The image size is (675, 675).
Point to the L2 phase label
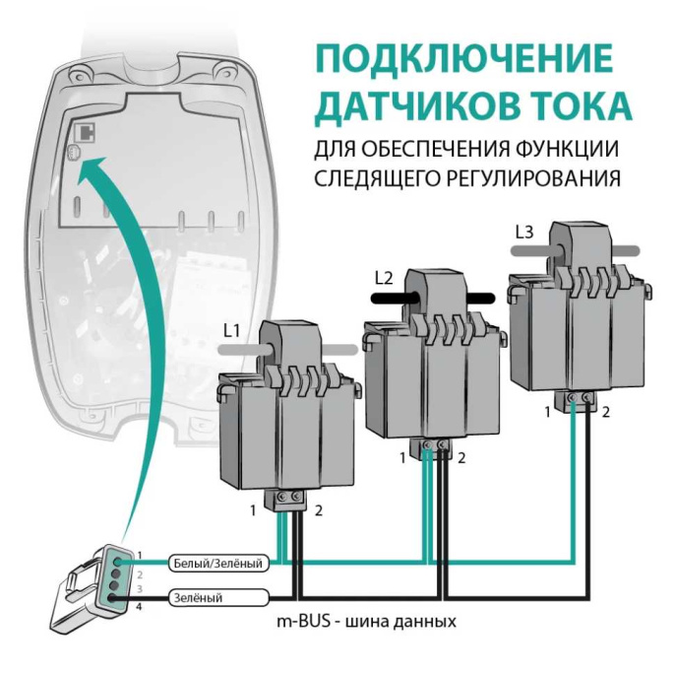[384, 277]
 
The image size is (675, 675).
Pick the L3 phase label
[524, 233]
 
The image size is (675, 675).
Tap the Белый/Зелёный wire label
[217, 565]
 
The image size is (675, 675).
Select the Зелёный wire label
[198, 597]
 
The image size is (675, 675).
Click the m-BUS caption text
[367, 623]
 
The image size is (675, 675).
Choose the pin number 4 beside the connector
[140, 607]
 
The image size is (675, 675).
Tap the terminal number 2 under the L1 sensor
[319, 509]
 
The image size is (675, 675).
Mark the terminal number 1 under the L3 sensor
[547, 411]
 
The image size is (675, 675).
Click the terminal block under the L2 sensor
[433, 448]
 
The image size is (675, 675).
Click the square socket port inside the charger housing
[84, 131]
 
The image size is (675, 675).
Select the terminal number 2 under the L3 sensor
[605, 411]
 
